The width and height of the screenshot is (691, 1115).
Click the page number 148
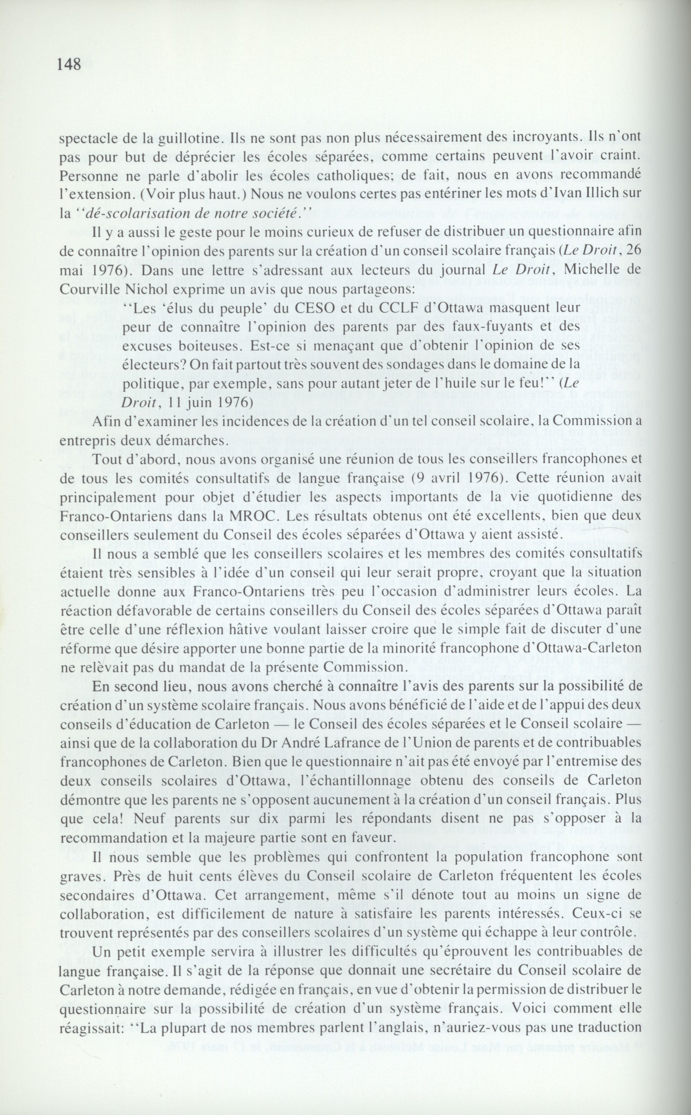(x=69, y=64)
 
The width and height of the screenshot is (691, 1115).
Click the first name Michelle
(x=571, y=270)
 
